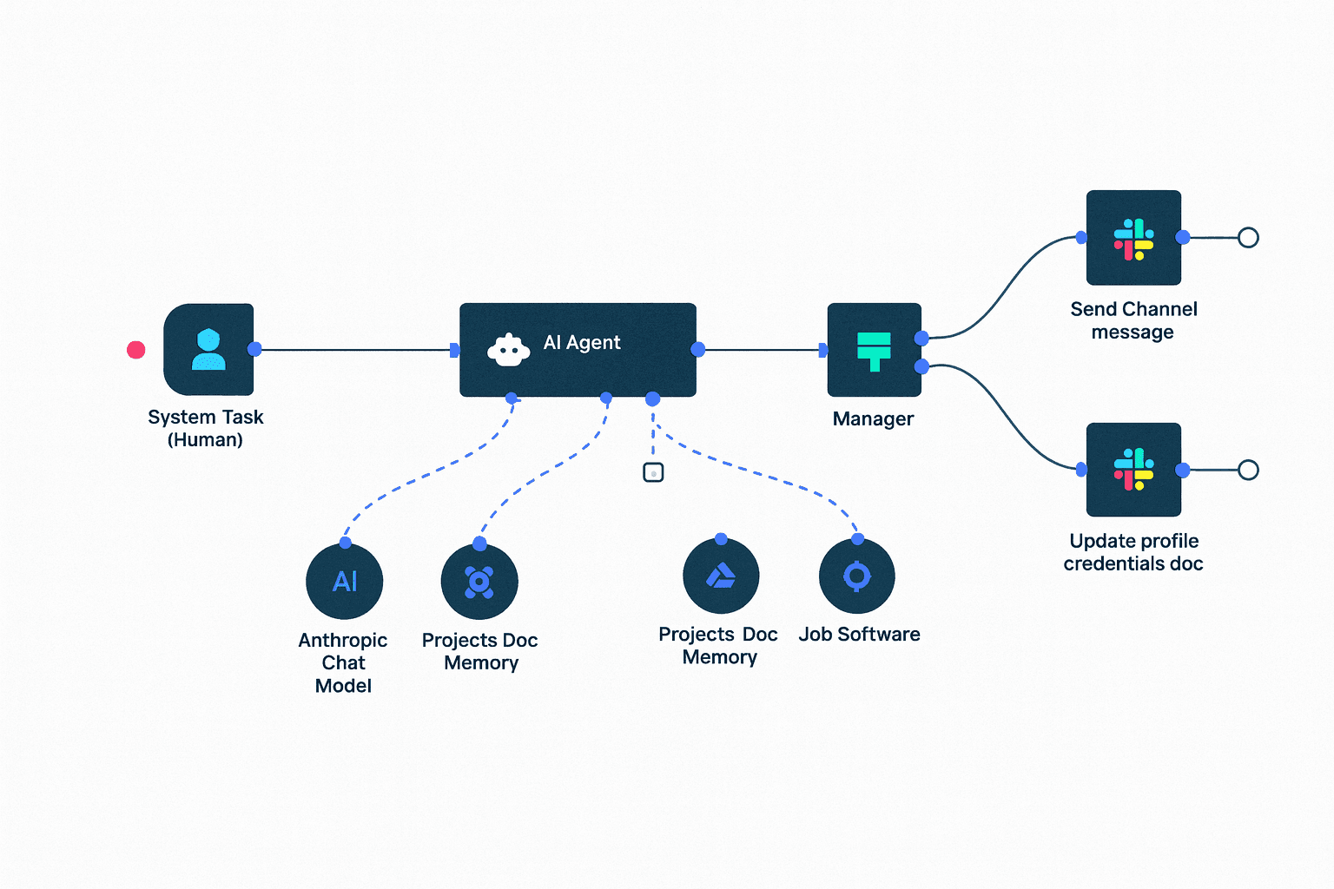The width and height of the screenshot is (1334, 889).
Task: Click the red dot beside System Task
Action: click(136, 350)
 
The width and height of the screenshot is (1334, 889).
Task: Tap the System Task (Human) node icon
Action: click(208, 350)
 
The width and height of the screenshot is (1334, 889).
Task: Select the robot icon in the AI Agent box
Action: click(508, 350)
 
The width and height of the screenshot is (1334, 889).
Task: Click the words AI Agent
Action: click(582, 343)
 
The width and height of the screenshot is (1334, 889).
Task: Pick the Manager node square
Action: click(874, 350)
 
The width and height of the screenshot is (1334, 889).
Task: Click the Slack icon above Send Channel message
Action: click(1133, 238)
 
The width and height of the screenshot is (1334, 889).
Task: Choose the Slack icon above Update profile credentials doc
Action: click(1133, 470)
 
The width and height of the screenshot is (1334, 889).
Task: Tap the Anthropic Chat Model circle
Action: click(345, 581)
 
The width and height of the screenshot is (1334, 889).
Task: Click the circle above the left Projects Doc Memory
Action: click(479, 581)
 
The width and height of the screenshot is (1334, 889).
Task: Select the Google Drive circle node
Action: click(721, 576)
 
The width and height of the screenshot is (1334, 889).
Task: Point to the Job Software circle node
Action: click(857, 576)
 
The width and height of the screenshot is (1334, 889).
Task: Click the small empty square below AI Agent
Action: click(653, 472)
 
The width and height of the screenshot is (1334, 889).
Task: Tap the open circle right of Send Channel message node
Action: click(1248, 237)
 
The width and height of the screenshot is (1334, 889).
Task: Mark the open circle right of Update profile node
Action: click(1248, 470)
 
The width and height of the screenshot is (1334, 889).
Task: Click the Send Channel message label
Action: click(1133, 320)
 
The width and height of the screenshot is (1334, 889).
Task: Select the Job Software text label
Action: click(859, 635)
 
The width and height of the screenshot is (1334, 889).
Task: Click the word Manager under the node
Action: click(873, 419)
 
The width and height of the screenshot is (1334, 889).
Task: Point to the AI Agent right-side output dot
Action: click(697, 350)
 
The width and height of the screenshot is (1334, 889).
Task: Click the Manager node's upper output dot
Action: click(921, 338)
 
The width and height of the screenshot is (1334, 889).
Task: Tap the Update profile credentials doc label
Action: click(1133, 552)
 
